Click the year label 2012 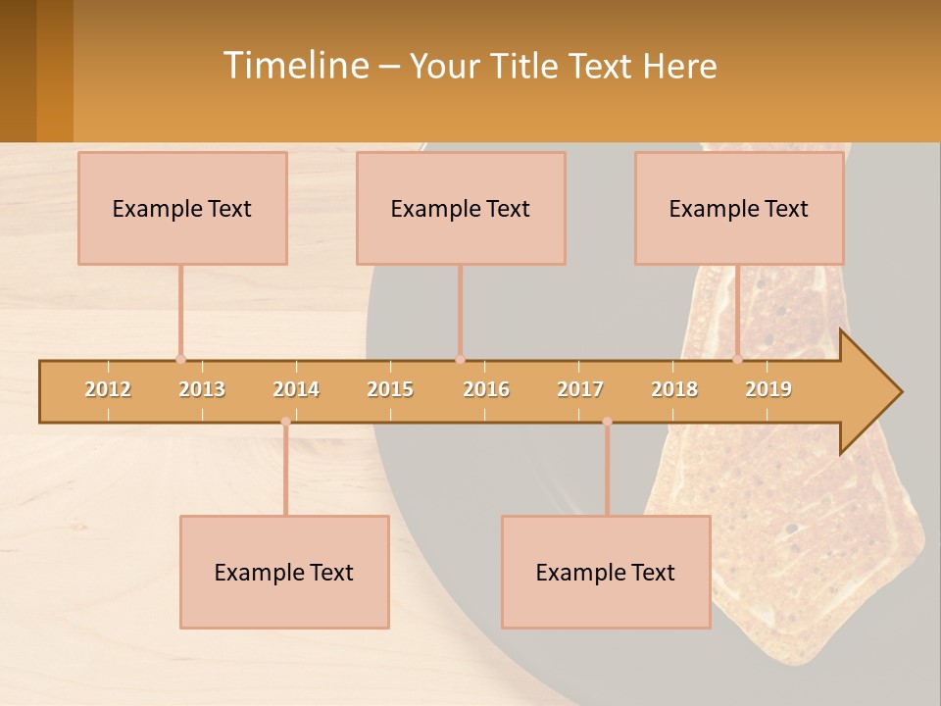108,389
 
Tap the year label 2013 202,389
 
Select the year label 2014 296,389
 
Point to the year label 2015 390,389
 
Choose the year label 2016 486,389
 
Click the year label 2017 580,389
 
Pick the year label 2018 674,389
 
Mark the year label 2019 768,389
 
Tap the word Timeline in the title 294,66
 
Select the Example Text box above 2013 182,208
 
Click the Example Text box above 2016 461,208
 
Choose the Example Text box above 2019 739,208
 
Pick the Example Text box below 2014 284,572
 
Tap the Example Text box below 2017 606,572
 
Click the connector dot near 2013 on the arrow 180,359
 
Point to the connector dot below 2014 285,422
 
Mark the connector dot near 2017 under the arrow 607,422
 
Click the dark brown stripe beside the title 18,71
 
